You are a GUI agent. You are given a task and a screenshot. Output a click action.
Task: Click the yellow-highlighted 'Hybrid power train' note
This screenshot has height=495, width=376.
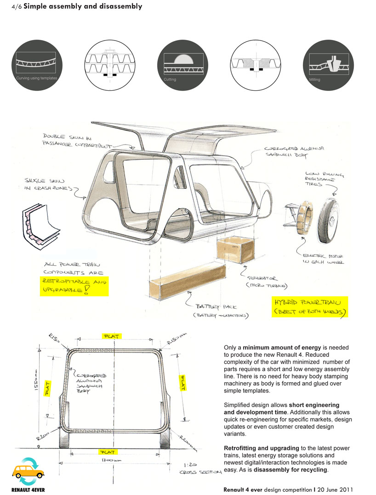click(x=310, y=307)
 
